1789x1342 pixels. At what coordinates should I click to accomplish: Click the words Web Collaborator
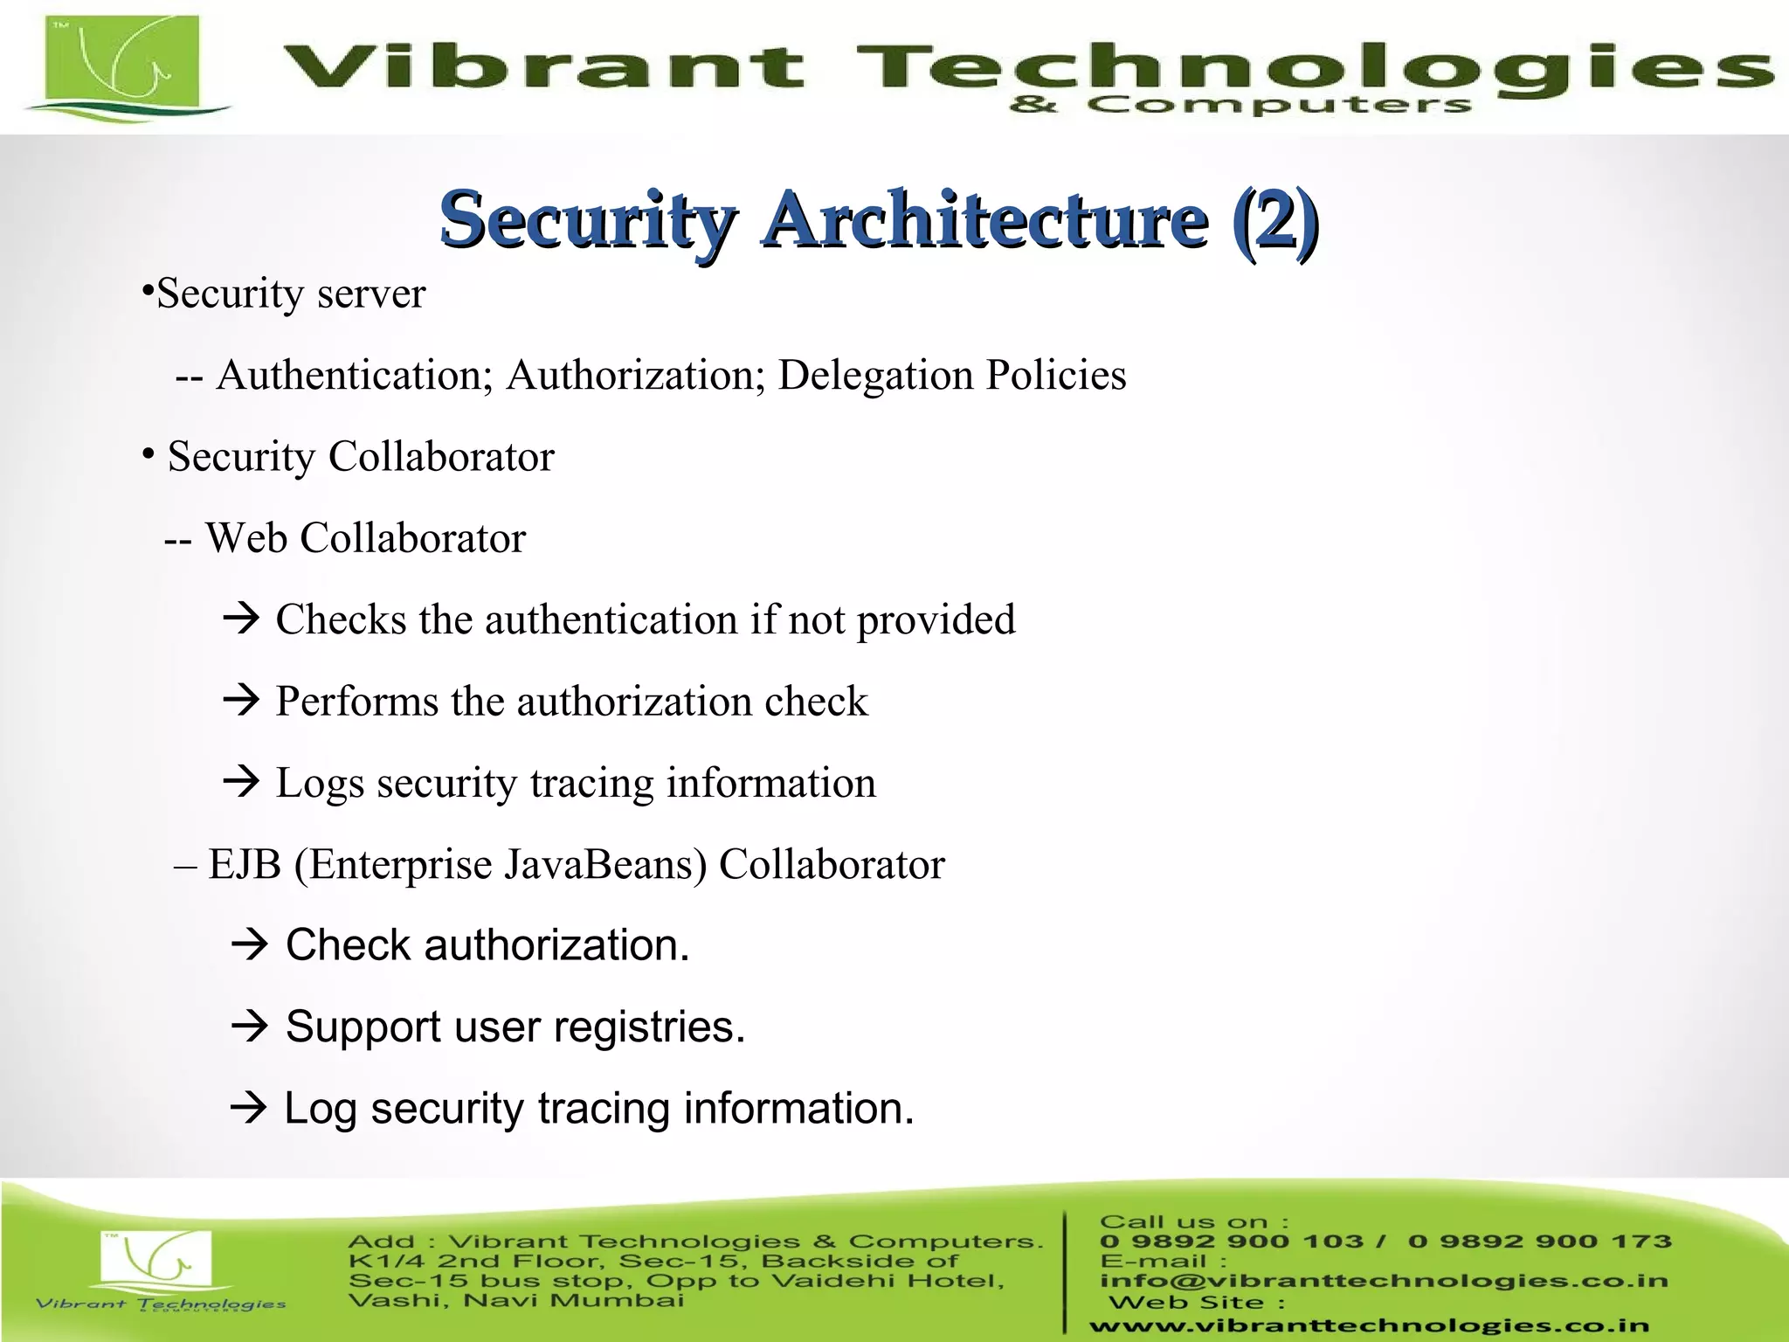coord(365,538)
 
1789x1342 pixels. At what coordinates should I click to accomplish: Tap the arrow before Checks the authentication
coord(242,619)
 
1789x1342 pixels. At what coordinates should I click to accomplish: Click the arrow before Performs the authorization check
coord(242,700)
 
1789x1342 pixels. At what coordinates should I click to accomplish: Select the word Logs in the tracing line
coord(320,783)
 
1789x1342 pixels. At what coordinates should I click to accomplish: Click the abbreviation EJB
coord(245,865)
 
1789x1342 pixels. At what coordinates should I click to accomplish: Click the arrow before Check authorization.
coord(250,944)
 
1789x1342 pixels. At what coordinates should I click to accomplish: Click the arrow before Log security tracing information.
coord(249,1108)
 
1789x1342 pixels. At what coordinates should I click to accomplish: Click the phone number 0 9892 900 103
coord(1232,1242)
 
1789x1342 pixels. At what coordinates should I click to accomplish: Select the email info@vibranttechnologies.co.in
coord(1384,1281)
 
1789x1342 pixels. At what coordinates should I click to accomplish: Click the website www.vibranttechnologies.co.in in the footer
coord(1369,1325)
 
